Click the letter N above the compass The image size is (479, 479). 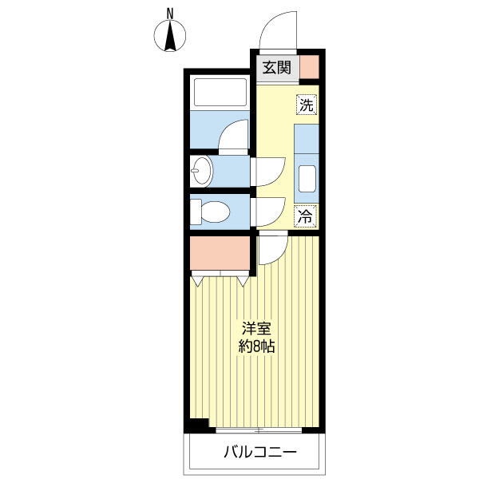(x=170, y=14)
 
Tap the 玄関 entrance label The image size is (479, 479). (x=277, y=68)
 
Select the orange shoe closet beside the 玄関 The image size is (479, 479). (x=309, y=67)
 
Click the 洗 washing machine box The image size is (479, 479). (x=307, y=105)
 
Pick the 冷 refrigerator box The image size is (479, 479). (x=306, y=216)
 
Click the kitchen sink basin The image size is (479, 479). (x=307, y=179)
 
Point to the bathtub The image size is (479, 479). (x=220, y=93)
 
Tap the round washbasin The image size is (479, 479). (x=202, y=171)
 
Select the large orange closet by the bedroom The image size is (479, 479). (x=220, y=253)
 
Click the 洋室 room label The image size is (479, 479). (x=256, y=329)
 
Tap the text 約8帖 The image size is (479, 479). (x=256, y=346)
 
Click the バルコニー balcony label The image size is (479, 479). (x=260, y=452)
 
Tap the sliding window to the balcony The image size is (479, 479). (x=259, y=430)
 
